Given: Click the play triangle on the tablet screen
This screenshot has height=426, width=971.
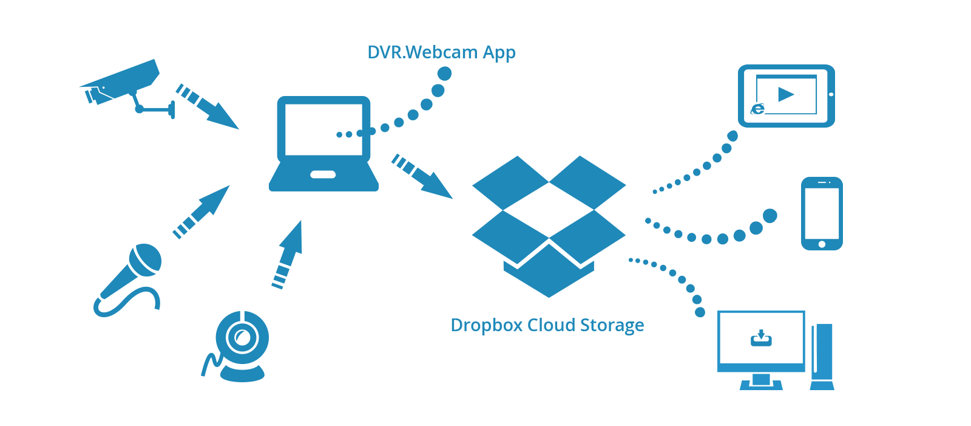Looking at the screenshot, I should point(786,94).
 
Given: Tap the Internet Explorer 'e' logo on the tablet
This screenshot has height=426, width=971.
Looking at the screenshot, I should point(758,109).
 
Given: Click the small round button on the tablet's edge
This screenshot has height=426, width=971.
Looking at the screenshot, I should point(831,94).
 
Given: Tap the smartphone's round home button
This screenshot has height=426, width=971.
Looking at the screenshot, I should point(822,244).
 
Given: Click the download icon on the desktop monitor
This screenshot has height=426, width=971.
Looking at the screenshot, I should point(761,338).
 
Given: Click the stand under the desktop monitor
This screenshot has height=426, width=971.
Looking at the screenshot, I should point(761,382).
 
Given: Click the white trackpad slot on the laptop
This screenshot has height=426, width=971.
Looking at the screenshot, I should point(323,174).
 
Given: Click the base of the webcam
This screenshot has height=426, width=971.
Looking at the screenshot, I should point(242,373).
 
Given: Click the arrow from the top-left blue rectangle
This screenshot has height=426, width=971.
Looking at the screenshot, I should point(208,107).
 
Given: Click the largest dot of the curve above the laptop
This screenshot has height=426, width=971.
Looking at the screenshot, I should point(444,74).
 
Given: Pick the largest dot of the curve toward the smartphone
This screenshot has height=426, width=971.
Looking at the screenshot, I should point(770,216).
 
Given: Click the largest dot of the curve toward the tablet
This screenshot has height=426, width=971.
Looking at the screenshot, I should point(732,136).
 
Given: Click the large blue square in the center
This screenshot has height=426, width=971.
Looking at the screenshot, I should point(548,226).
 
